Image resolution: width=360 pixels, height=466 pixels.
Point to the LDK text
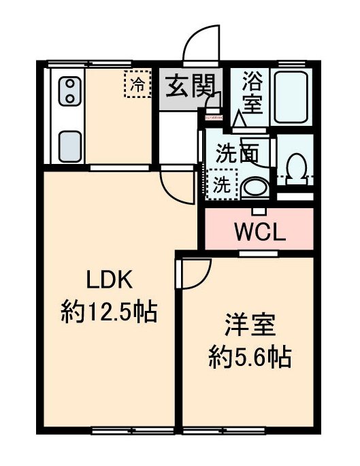(x=108, y=280)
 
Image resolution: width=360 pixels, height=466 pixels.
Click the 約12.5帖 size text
(x=109, y=313)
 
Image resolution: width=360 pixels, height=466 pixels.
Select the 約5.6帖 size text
(x=249, y=356)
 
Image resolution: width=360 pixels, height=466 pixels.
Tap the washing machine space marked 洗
(x=223, y=185)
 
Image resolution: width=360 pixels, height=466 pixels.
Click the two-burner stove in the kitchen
(x=70, y=91)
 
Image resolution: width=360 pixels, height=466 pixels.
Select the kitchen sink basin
(x=71, y=144)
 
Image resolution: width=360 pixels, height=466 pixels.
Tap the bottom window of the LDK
(x=114, y=431)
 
